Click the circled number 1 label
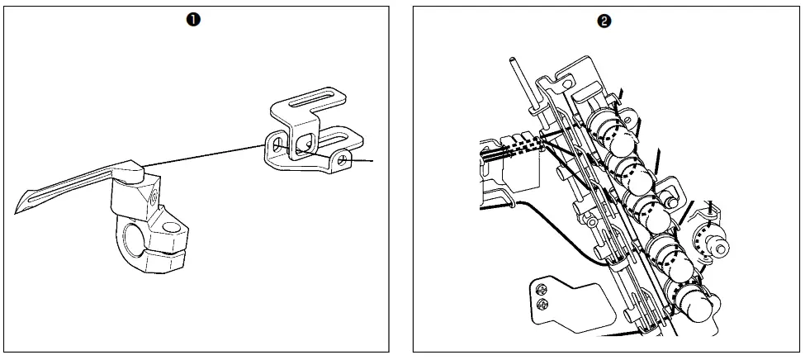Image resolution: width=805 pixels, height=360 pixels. tap(196, 22)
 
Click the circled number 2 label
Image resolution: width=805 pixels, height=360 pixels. tap(604, 22)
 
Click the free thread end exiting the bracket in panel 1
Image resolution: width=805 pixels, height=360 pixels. tap(370, 159)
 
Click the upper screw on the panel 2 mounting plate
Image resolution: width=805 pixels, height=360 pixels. tap(542, 289)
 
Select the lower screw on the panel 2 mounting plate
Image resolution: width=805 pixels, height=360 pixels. tap(542, 305)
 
